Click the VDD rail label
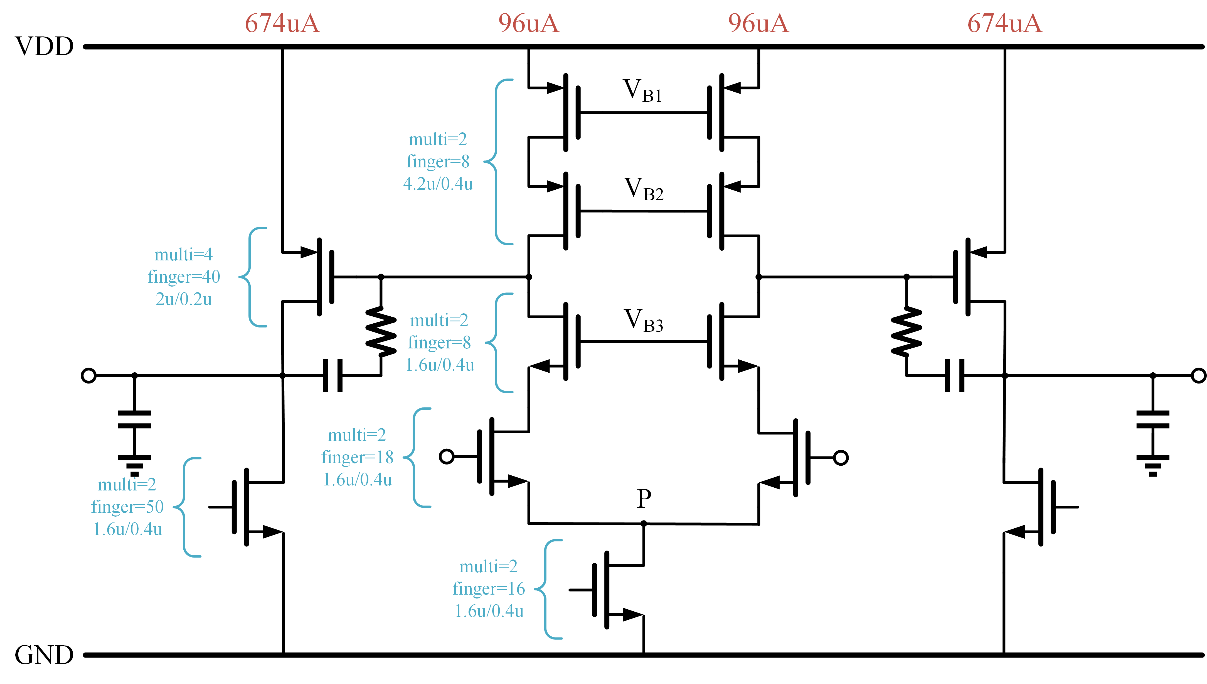45,47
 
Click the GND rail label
45,655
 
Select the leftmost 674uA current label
282,23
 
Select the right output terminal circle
1199,376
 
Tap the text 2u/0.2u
183,299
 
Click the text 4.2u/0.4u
438,184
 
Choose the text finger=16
489,589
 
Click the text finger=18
357,457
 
